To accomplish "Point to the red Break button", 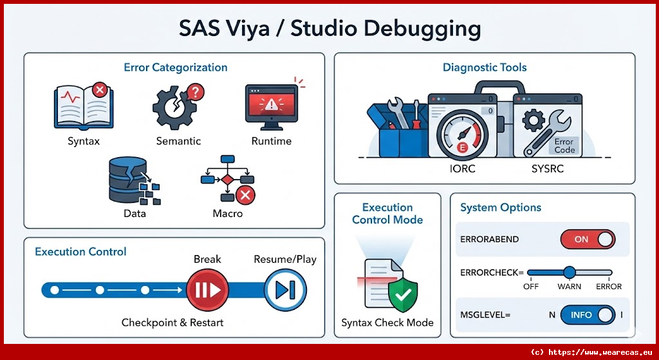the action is click(x=207, y=290).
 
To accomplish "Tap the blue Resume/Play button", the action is click(x=285, y=290).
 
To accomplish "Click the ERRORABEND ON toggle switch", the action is click(x=588, y=240).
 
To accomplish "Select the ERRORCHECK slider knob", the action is click(x=570, y=272).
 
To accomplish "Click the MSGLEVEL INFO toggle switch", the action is click(x=588, y=315).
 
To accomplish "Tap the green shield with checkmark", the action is click(x=403, y=295).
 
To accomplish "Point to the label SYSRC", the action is click(x=547, y=169).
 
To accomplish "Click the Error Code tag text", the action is click(x=564, y=146).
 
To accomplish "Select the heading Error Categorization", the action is click(x=175, y=68).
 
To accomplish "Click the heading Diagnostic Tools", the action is click(x=485, y=68).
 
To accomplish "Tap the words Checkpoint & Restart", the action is click(x=172, y=323).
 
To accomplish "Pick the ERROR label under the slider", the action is click(x=609, y=287).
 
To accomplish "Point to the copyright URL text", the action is click(x=591, y=352).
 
